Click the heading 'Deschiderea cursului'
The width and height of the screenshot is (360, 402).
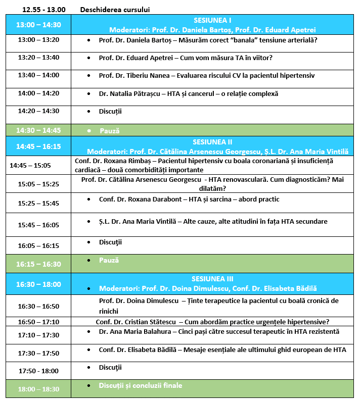pyautogui.click(x=115, y=10)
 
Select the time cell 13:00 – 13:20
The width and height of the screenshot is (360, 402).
pyautogui.click(x=38, y=40)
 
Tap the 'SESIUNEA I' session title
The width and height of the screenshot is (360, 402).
pyautogui.click(x=212, y=20)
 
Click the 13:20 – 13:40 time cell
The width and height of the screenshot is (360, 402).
pyautogui.click(x=38, y=58)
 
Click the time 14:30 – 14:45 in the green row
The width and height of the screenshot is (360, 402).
pyautogui.click(x=38, y=130)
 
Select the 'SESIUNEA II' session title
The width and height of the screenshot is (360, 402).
pyautogui.click(x=212, y=142)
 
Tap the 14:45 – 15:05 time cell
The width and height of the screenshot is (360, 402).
pyautogui.click(x=30, y=165)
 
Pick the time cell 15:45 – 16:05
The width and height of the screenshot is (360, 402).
pyautogui.click(x=38, y=225)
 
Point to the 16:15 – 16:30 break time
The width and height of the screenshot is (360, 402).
pyautogui.click(x=38, y=264)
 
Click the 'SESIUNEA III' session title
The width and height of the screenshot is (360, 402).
pyautogui.click(x=212, y=279)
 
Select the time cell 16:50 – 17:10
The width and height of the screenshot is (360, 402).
pyautogui.click(x=38, y=322)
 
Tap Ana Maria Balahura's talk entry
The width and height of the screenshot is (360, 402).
pyautogui.click(x=218, y=332)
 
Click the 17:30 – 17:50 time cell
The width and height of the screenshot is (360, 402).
pyautogui.click(x=38, y=353)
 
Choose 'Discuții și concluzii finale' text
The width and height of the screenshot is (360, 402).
pyautogui.click(x=140, y=385)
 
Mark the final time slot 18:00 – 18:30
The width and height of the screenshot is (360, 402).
pyautogui.click(x=38, y=389)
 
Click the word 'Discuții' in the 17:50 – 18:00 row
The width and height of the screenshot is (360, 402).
pyautogui.click(x=110, y=367)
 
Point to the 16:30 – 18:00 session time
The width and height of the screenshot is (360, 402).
pyautogui.click(x=38, y=284)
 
